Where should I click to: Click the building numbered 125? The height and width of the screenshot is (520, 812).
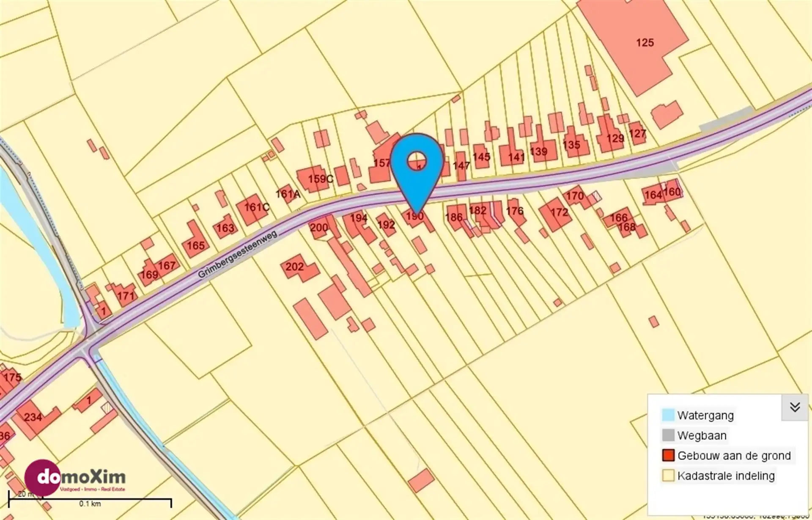click(645, 42)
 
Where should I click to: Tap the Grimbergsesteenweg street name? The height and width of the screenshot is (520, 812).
click(237, 254)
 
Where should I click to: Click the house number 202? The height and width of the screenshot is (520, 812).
click(294, 267)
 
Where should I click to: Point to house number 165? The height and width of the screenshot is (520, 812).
click(196, 245)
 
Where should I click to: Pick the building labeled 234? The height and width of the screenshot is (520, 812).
click(33, 417)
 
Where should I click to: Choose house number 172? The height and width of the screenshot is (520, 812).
click(559, 212)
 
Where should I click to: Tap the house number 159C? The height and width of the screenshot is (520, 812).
click(320, 179)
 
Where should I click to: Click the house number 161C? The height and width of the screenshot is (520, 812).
click(256, 207)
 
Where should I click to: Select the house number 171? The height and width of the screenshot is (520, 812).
click(126, 296)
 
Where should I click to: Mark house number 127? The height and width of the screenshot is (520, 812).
click(637, 134)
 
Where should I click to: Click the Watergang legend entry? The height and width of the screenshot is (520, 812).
click(705, 415)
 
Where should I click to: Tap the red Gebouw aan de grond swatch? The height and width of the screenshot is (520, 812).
click(668, 455)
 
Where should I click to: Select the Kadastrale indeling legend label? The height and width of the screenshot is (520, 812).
click(726, 476)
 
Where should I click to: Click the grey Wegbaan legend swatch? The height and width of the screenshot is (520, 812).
click(668, 435)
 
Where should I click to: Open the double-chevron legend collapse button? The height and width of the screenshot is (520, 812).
click(795, 407)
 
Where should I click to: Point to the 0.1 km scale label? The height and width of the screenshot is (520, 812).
click(90, 503)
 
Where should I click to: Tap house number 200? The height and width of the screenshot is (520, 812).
click(319, 228)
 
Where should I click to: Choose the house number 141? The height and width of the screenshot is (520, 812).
click(516, 157)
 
